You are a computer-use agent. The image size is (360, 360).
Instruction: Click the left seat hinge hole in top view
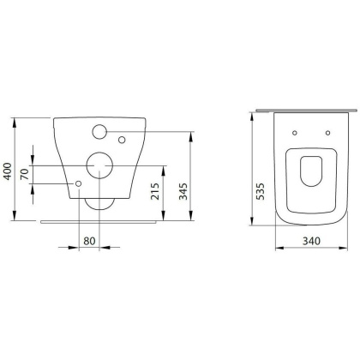(293, 133)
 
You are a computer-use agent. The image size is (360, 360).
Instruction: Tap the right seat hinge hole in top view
(327, 133)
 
